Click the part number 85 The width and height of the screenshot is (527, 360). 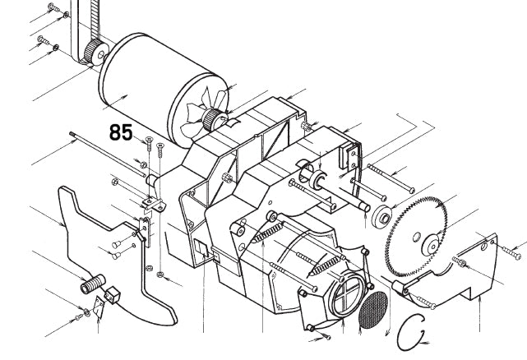(121, 132)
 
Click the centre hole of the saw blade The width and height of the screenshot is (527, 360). (430, 242)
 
